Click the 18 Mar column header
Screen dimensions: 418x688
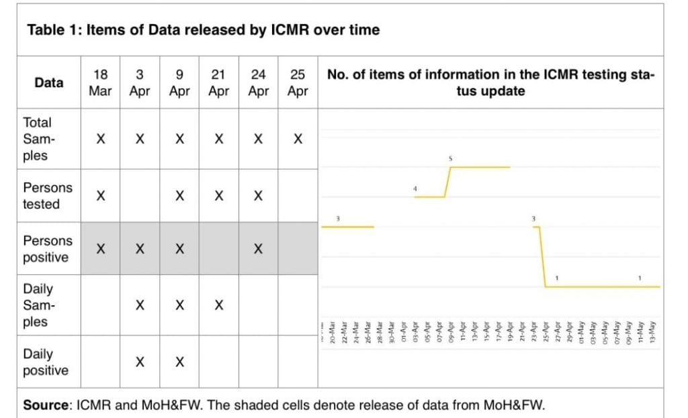click(x=100, y=83)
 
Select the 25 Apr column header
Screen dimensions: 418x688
click(x=298, y=83)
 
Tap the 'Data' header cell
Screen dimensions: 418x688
click(x=49, y=83)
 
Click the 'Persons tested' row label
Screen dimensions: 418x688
click(x=47, y=196)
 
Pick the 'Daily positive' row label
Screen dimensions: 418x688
click(x=45, y=362)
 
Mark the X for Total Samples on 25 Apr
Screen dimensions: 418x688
click(x=298, y=140)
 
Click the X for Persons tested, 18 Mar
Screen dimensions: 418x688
click(x=100, y=197)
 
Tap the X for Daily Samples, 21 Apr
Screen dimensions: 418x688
click(x=219, y=305)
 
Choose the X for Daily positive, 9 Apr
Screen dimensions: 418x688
click(x=179, y=362)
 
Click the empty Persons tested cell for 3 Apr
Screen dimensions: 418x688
click(x=140, y=197)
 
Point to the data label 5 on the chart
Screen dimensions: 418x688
click(x=451, y=159)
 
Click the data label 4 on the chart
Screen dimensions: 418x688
click(x=415, y=189)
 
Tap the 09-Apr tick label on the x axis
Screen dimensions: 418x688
click(x=449, y=331)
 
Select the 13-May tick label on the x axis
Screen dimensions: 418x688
click(x=651, y=331)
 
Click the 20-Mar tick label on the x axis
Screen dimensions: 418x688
click(x=333, y=333)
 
